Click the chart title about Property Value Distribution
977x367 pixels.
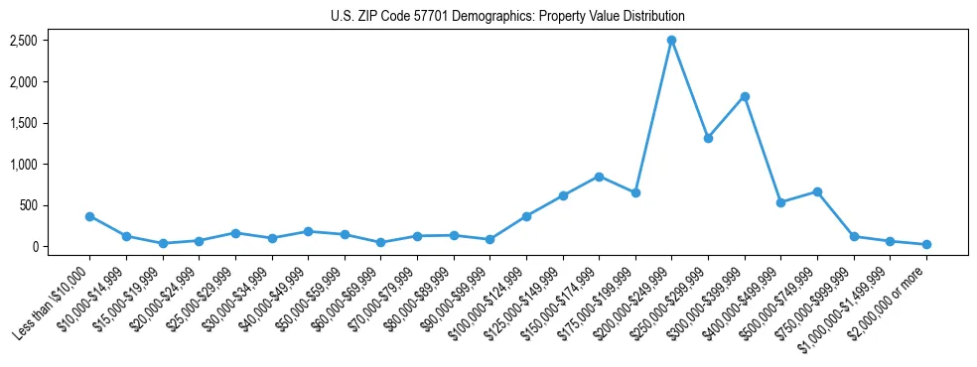click(507, 17)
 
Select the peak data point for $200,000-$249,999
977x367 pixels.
click(671, 40)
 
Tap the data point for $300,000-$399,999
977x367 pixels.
click(745, 96)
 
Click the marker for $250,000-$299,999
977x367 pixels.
click(708, 138)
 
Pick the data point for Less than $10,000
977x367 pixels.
click(89, 216)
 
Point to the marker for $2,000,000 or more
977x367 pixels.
click(926, 244)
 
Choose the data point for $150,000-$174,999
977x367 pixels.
click(599, 177)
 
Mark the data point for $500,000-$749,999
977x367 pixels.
click(817, 191)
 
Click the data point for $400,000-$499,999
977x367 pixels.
click(780, 202)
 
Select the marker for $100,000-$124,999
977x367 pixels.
click(526, 216)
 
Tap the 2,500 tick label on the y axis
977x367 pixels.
click(24, 41)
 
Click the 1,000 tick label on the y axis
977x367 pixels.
click(24, 165)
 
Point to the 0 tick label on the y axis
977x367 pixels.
click(34, 247)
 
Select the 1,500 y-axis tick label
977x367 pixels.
click(24, 123)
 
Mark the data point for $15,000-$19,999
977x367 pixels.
click(162, 243)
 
